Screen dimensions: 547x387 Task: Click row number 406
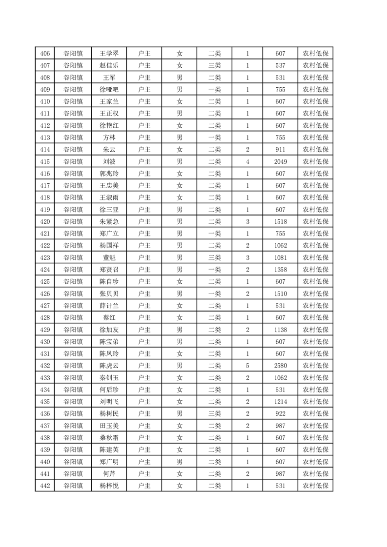(x=45, y=54)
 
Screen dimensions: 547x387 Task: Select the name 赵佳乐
(x=109, y=66)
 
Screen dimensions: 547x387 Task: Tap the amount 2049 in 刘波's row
(x=280, y=161)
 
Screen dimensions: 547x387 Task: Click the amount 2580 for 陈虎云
(x=280, y=365)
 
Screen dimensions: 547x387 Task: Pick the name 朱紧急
(x=109, y=221)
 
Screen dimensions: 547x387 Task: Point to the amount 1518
(x=280, y=221)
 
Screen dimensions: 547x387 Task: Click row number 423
(x=45, y=257)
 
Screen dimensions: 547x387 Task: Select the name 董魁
(x=109, y=257)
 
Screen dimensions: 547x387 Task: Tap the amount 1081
(x=280, y=257)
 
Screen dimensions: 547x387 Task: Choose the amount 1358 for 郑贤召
(x=280, y=270)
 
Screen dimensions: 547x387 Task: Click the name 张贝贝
(x=109, y=293)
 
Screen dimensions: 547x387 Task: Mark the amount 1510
(x=280, y=293)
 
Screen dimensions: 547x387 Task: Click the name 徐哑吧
(x=109, y=90)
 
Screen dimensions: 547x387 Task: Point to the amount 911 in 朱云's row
(x=280, y=150)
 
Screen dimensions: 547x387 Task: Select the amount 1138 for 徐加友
(x=280, y=330)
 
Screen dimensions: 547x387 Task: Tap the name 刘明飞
(x=109, y=401)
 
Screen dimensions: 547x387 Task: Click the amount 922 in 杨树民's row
(x=280, y=413)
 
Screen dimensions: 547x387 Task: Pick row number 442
(x=45, y=485)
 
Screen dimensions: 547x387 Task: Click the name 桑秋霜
(x=109, y=437)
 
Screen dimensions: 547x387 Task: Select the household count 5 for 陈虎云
(x=248, y=365)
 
